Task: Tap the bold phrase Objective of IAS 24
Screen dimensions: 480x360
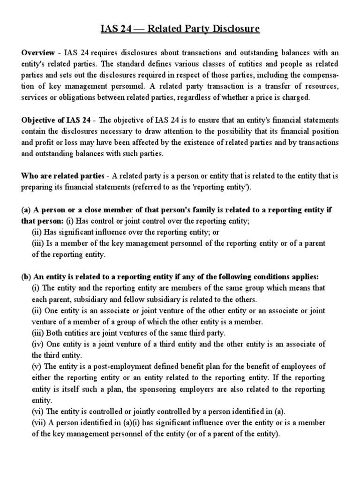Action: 56,120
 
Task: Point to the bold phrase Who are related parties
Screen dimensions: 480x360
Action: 62,176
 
